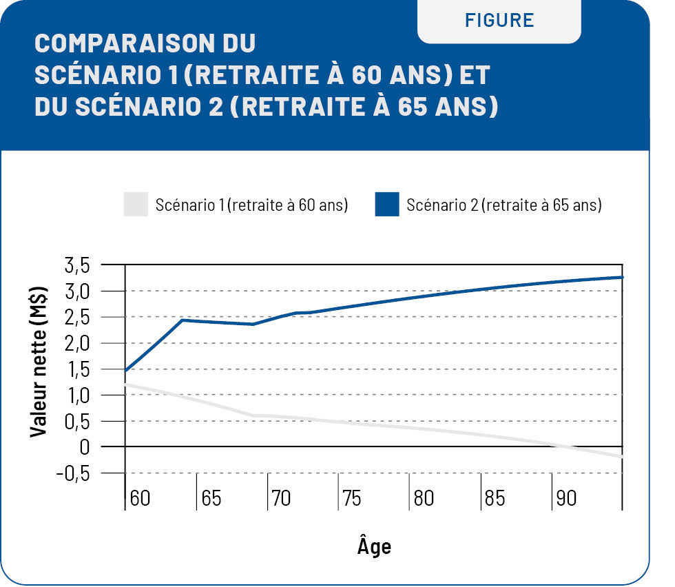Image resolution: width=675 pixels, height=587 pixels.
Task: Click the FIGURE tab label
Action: (499, 20)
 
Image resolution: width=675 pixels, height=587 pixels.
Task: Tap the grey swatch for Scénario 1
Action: (136, 205)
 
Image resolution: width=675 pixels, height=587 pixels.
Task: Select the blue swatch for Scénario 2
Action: (387, 205)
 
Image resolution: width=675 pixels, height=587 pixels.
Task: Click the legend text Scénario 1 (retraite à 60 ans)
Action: (251, 205)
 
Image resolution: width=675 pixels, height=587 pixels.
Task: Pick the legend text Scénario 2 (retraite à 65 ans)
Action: (504, 205)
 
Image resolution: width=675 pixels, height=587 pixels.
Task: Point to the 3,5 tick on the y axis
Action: (76, 265)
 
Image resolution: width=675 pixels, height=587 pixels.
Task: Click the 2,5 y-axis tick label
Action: (76, 318)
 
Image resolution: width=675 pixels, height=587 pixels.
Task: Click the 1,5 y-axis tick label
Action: (76, 369)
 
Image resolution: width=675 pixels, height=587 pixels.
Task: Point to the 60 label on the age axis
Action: (140, 498)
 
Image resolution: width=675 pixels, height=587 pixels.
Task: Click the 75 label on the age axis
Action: (352, 498)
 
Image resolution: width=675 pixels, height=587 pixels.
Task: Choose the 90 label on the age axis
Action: (566, 498)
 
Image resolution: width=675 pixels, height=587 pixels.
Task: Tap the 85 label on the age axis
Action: (495, 498)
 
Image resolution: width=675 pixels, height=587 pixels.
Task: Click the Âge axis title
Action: (374, 546)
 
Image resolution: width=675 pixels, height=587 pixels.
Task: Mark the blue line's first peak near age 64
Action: (183, 320)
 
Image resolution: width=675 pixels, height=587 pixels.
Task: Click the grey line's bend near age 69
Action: (253, 415)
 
